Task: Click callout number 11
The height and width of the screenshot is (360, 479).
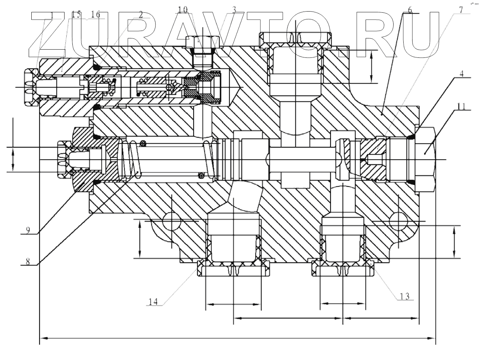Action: [x=461, y=106]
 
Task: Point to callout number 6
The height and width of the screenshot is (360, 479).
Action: [x=410, y=10]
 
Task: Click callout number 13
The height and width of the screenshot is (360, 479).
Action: [x=405, y=297]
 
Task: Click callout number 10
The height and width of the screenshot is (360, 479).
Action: [x=182, y=10]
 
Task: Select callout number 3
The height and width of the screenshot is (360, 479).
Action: [x=234, y=10]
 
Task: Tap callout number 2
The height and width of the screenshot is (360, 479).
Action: [x=141, y=14]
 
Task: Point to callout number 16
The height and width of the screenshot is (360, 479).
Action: [x=96, y=14]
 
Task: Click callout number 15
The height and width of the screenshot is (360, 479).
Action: [x=76, y=14]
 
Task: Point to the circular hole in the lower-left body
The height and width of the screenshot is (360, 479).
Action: [x=171, y=221]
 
